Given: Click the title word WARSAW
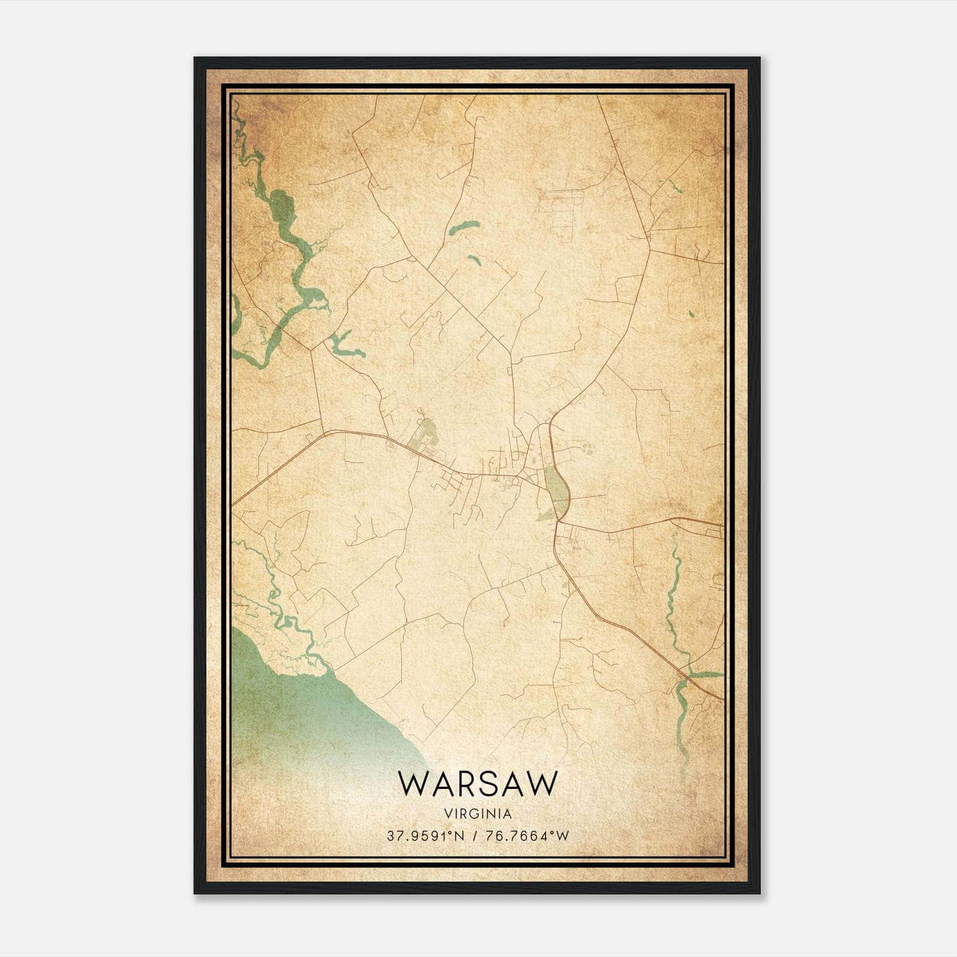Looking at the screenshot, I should click(x=477, y=784).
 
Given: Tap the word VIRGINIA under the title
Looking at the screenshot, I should click(x=477, y=814).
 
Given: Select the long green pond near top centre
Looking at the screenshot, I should click(x=464, y=228).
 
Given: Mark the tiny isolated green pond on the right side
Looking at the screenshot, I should click(x=691, y=313).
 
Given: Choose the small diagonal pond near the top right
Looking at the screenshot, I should click(x=675, y=186).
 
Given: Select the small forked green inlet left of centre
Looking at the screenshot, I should click(x=344, y=345).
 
